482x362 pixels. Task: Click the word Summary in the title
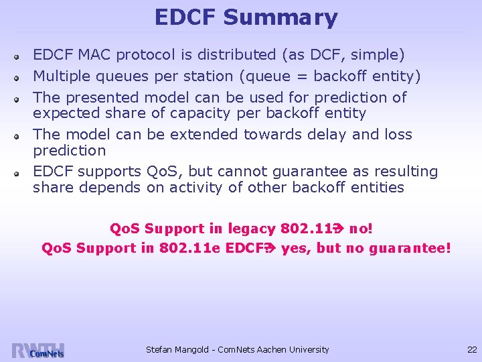(x=280, y=18)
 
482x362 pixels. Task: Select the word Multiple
(x=62, y=76)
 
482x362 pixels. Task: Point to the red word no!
(x=361, y=229)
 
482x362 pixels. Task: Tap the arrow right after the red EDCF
(x=270, y=248)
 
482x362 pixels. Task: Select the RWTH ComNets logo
(x=38, y=350)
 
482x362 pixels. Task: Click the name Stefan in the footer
(x=159, y=349)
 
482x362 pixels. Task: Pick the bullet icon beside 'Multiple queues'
(x=21, y=78)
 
